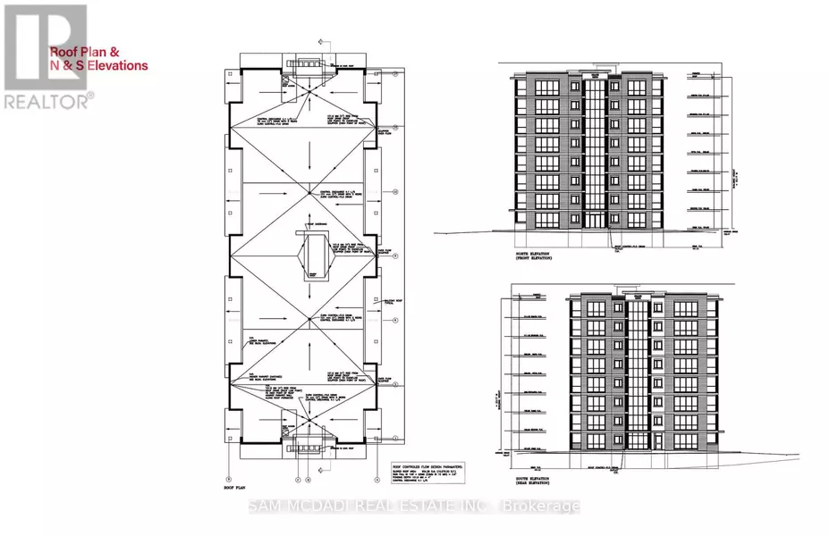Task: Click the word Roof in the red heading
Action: coord(64,52)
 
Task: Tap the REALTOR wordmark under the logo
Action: coord(46,101)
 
